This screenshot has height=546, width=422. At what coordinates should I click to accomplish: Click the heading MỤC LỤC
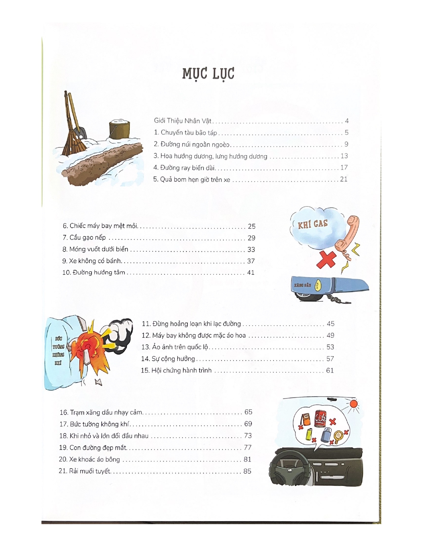pyautogui.click(x=208, y=73)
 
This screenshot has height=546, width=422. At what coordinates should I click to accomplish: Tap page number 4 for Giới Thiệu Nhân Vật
pyautogui.click(x=347, y=121)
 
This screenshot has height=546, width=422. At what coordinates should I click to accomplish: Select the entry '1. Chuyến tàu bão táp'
pyautogui.click(x=185, y=133)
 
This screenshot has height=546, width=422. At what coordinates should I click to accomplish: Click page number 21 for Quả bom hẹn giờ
pyautogui.click(x=344, y=179)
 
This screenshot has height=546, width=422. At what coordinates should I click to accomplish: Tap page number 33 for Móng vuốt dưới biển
pyautogui.click(x=251, y=250)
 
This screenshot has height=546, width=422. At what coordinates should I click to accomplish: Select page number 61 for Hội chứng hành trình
pyautogui.click(x=330, y=371)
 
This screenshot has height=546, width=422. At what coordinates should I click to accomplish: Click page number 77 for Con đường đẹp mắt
pyautogui.click(x=248, y=448)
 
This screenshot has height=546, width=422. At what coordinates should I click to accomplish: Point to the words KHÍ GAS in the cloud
pyautogui.click(x=312, y=224)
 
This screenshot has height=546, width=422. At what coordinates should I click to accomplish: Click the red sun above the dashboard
pyautogui.click(x=354, y=404)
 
